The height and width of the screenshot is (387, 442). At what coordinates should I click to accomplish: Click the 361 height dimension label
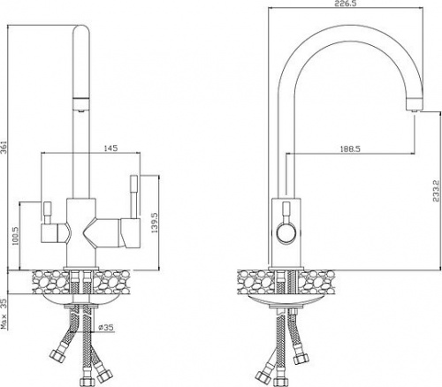(4, 147)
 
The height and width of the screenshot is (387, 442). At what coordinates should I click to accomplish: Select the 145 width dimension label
(110, 148)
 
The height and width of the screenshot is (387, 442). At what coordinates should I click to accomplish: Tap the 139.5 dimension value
(155, 223)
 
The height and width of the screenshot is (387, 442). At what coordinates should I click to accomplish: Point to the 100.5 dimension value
(15, 236)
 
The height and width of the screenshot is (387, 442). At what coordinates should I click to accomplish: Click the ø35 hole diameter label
(106, 327)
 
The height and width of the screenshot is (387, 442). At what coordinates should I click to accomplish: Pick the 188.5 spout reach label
(351, 148)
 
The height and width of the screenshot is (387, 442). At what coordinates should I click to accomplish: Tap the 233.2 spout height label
(436, 191)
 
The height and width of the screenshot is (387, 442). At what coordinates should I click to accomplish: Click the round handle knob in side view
(286, 231)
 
